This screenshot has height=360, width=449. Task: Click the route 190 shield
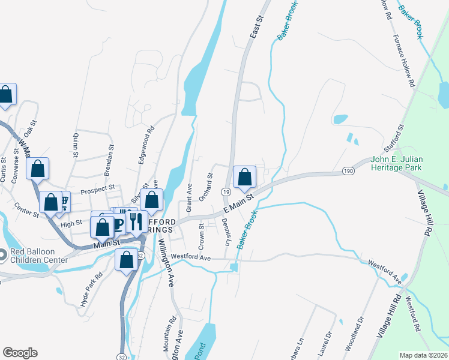348,172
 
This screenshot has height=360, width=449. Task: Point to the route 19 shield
226,192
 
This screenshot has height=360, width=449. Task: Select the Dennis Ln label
226,233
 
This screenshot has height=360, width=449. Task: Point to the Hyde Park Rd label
91,290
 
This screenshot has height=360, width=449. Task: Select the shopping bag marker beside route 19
244,177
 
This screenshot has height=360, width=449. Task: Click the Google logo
20,353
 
